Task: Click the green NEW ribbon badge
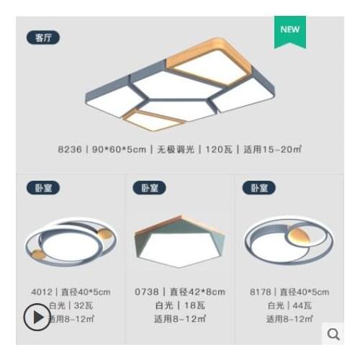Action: pyautogui.click(x=289, y=31)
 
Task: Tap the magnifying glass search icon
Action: pyautogui.click(x=333, y=333)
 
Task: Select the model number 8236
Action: pyautogui.click(x=70, y=150)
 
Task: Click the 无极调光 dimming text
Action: pyautogui.click(x=174, y=150)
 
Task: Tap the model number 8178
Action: pyautogui.click(x=260, y=292)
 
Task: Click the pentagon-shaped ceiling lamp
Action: pyautogui.click(x=179, y=240)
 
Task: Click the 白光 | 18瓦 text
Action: pyautogui.click(x=179, y=305)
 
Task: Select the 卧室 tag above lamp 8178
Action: pyautogui.click(x=259, y=188)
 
